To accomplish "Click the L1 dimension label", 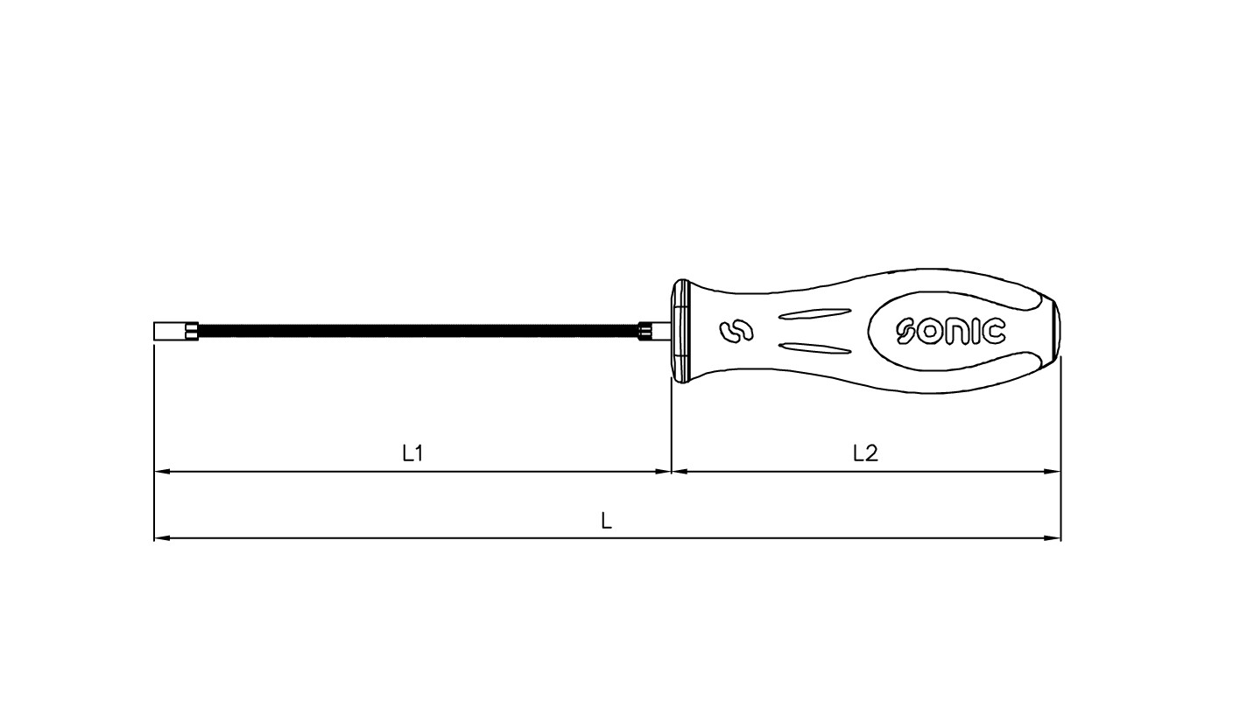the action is pos(412,453).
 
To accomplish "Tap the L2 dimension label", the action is pos(865,453).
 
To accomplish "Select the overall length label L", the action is pos(607,521).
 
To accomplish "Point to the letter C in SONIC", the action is pos(993,332).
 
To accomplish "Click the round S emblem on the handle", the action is pos(736,332).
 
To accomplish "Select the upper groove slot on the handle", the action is pos(815,313).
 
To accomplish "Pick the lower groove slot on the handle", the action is pos(815,348).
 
